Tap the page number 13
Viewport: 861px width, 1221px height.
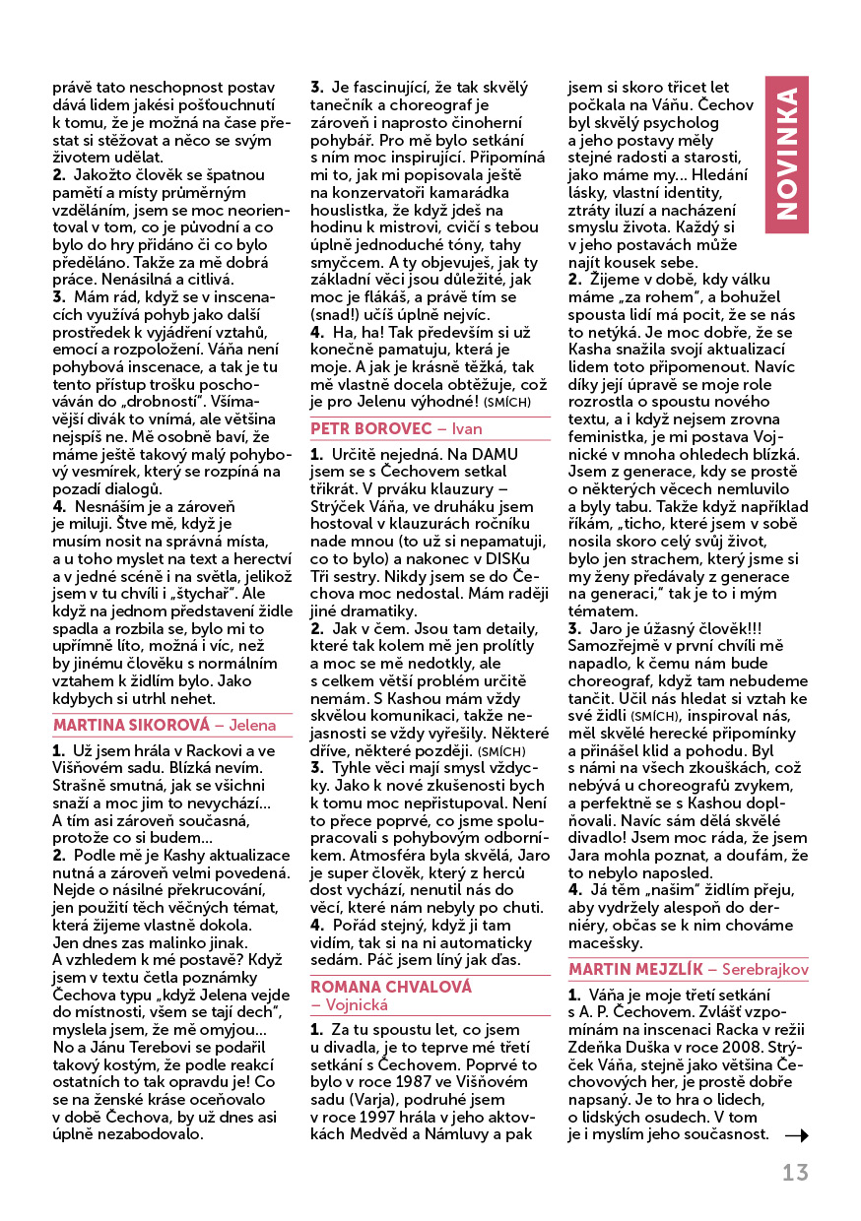click(795, 1173)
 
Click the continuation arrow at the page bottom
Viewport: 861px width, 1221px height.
click(796, 1135)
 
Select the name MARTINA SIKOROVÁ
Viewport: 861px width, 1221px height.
click(131, 726)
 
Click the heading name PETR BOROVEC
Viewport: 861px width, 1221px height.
click(369, 429)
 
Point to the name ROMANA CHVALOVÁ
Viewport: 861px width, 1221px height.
click(377, 986)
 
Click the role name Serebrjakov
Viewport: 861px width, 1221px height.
click(765, 969)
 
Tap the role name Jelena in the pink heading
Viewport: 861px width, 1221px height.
click(253, 726)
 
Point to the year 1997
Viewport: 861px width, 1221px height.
click(379, 1119)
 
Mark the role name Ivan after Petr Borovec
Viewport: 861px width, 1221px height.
click(468, 429)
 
